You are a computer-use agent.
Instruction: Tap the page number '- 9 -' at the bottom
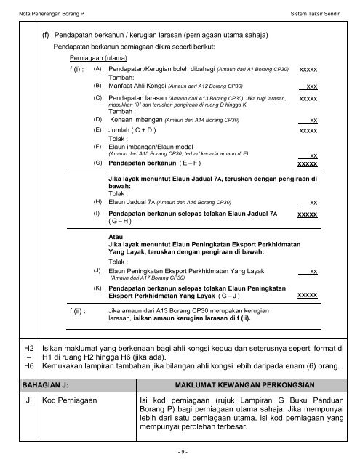click(x=179, y=453)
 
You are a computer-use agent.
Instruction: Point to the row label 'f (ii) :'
click(x=71, y=310)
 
